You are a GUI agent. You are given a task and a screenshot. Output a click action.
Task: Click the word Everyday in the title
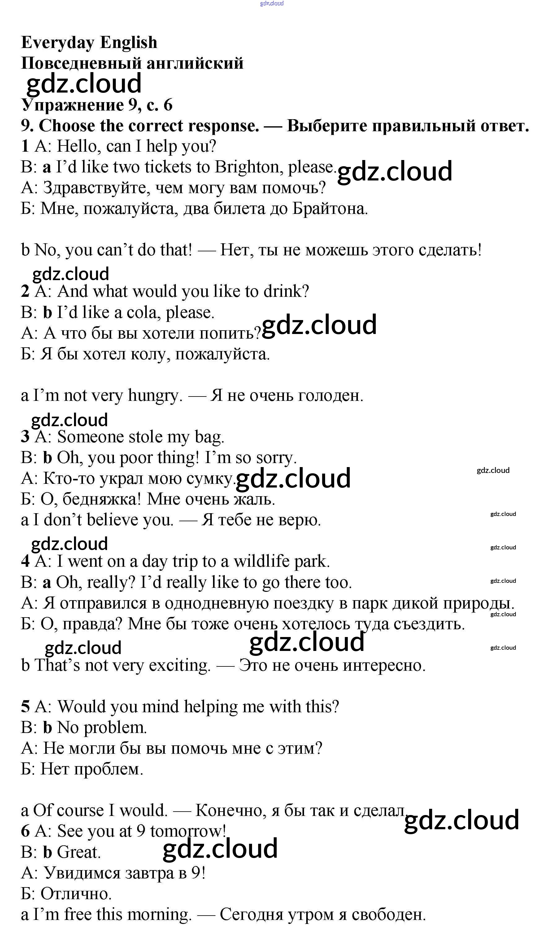tap(58, 43)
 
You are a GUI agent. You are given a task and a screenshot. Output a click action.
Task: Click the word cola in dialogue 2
tap(141, 312)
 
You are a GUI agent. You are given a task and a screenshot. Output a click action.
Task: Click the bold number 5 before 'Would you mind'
tap(25, 707)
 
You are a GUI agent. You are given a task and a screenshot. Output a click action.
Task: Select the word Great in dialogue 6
tap(78, 852)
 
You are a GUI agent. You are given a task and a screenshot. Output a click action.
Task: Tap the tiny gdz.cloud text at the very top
tap(272, 3)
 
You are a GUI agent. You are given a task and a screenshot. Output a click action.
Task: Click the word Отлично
tap(76, 894)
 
